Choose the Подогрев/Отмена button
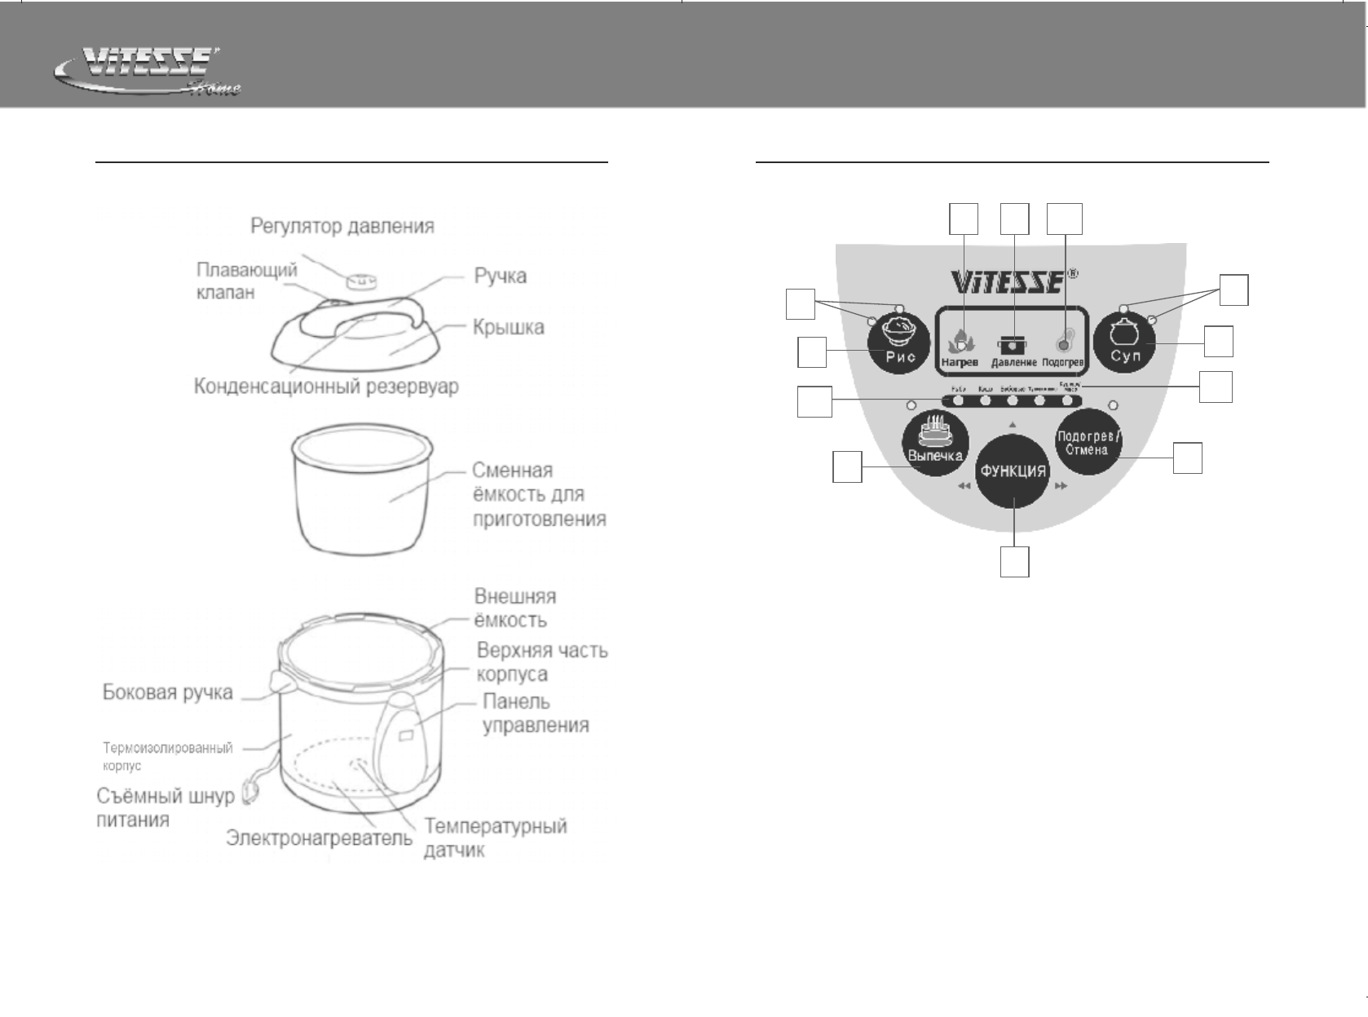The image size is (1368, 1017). (1088, 443)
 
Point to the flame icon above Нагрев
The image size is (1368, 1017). (960, 339)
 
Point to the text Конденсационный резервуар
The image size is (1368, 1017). (325, 387)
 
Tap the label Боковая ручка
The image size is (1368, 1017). (167, 692)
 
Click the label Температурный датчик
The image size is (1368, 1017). (495, 838)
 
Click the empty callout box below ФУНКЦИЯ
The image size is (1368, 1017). (1014, 562)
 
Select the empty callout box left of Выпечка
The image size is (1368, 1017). (847, 466)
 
